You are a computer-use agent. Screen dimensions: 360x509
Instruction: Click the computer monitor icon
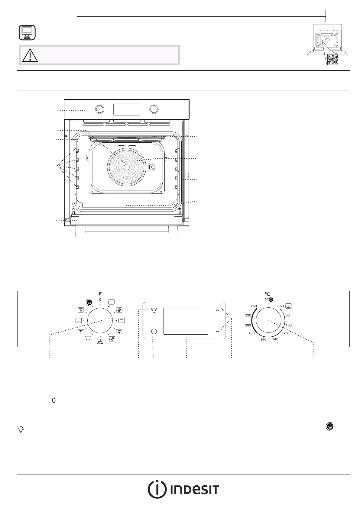tap(27, 33)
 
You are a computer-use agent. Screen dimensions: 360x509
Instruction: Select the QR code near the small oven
tap(333, 60)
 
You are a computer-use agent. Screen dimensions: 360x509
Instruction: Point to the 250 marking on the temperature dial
tap(254, 306)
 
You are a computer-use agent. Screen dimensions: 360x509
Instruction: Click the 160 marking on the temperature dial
tap(263, 339)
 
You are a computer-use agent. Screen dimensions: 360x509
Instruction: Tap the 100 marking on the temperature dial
tap(288, 325)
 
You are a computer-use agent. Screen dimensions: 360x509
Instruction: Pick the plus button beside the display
tap(218, 310)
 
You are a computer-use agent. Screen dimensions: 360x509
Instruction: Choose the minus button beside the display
tap(218, 332)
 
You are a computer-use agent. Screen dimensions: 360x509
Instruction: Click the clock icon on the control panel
tap(154, 331)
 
